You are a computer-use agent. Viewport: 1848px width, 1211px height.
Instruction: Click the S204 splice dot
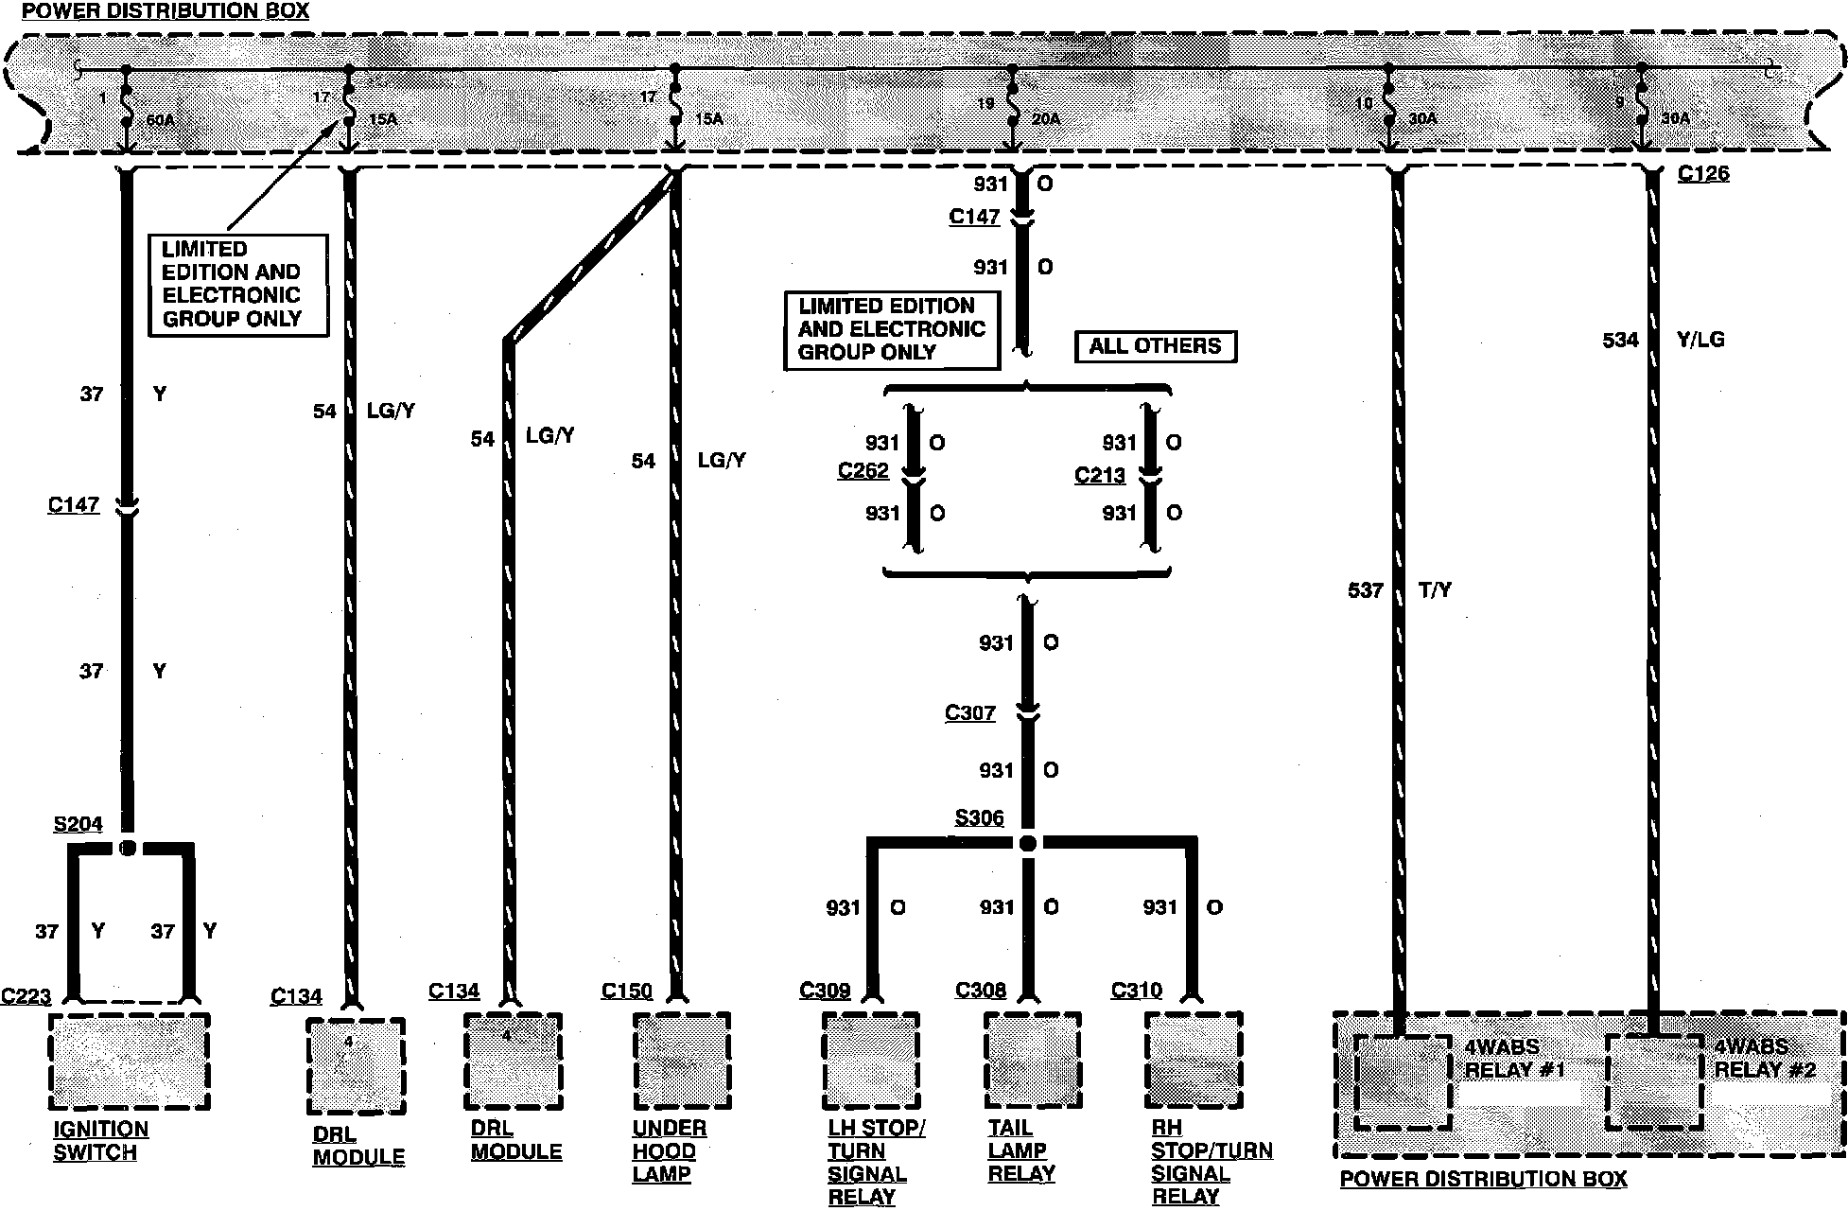click(x=128, y=847)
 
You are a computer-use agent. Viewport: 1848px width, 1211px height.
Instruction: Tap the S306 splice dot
click(x=1029, y=843)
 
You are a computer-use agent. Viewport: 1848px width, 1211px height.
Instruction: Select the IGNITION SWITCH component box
click(x=130, y=1062)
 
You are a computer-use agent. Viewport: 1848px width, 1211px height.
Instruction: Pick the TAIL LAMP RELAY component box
click(x=1032, y=1061)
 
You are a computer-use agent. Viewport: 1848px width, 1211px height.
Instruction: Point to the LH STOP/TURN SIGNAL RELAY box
click(x=870, y=1061)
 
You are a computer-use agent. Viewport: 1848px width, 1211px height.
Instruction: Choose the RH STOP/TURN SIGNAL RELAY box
click(x=1193, y=1061)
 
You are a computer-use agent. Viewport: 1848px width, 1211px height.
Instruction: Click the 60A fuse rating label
click(x=161, y=121)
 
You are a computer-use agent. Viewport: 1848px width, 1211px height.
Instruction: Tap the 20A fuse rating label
click(x=1046, y=119)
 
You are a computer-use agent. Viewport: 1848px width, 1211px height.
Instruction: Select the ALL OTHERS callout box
click(x=1155, y=346)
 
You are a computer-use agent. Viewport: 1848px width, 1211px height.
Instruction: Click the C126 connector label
click(x=1702, y=174)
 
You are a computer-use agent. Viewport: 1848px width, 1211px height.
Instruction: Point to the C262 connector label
click(x=863, y=470)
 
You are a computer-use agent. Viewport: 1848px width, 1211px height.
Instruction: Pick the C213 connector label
click(x=1099, y=475)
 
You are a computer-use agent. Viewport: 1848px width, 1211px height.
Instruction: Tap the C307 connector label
click(x=969, y=712)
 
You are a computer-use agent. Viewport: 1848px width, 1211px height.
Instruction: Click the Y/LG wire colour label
click(x=1700, y=340)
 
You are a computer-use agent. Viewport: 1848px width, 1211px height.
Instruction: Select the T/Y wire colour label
click(x=1435, y=590)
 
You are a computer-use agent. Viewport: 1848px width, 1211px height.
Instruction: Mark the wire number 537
click(x=1365, y=591)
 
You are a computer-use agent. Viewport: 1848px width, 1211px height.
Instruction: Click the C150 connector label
click(x=626, y=991)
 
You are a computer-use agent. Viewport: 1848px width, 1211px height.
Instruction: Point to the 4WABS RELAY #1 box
click(x=1403, y=1082)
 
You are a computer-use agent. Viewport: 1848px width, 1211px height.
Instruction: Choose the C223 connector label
click(x=26, y=996)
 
